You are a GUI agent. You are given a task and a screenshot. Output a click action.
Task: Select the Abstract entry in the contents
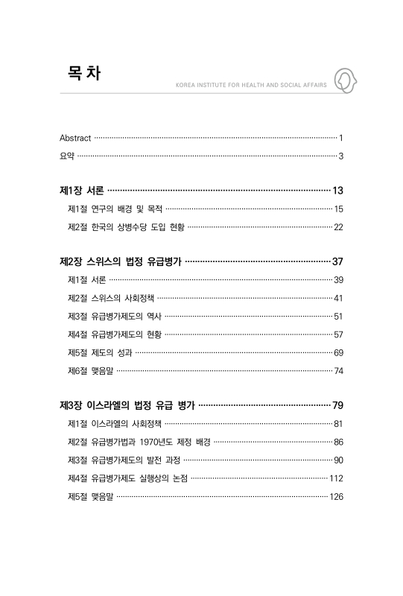(x=75, y=138)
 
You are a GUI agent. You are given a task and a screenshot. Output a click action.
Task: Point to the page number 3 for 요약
(x=340, y=156)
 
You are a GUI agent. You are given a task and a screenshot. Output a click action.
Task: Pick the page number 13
(x=337, y=191)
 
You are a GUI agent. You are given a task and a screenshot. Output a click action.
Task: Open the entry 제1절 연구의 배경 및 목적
(x=115, y=209)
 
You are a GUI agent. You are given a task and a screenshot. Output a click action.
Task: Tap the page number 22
(x=338, y=227)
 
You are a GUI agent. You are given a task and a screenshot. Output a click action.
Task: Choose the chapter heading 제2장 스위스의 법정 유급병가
(x=120, y=261)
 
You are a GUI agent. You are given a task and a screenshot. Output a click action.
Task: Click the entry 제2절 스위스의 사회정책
(x=110, y=298)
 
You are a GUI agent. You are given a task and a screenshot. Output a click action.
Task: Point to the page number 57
(x=338, y=335)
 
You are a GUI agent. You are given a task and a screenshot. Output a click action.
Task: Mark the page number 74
(x=338, y=370)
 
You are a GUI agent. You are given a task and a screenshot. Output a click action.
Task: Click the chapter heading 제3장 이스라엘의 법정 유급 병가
(x=127, y=405)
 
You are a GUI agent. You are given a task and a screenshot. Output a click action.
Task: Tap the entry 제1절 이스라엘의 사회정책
(x=114, y=424)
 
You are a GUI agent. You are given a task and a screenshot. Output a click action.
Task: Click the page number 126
(x=336, y=496)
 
